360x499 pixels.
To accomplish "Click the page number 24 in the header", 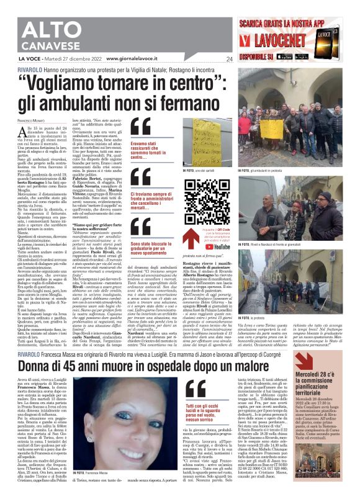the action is [229, 59].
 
